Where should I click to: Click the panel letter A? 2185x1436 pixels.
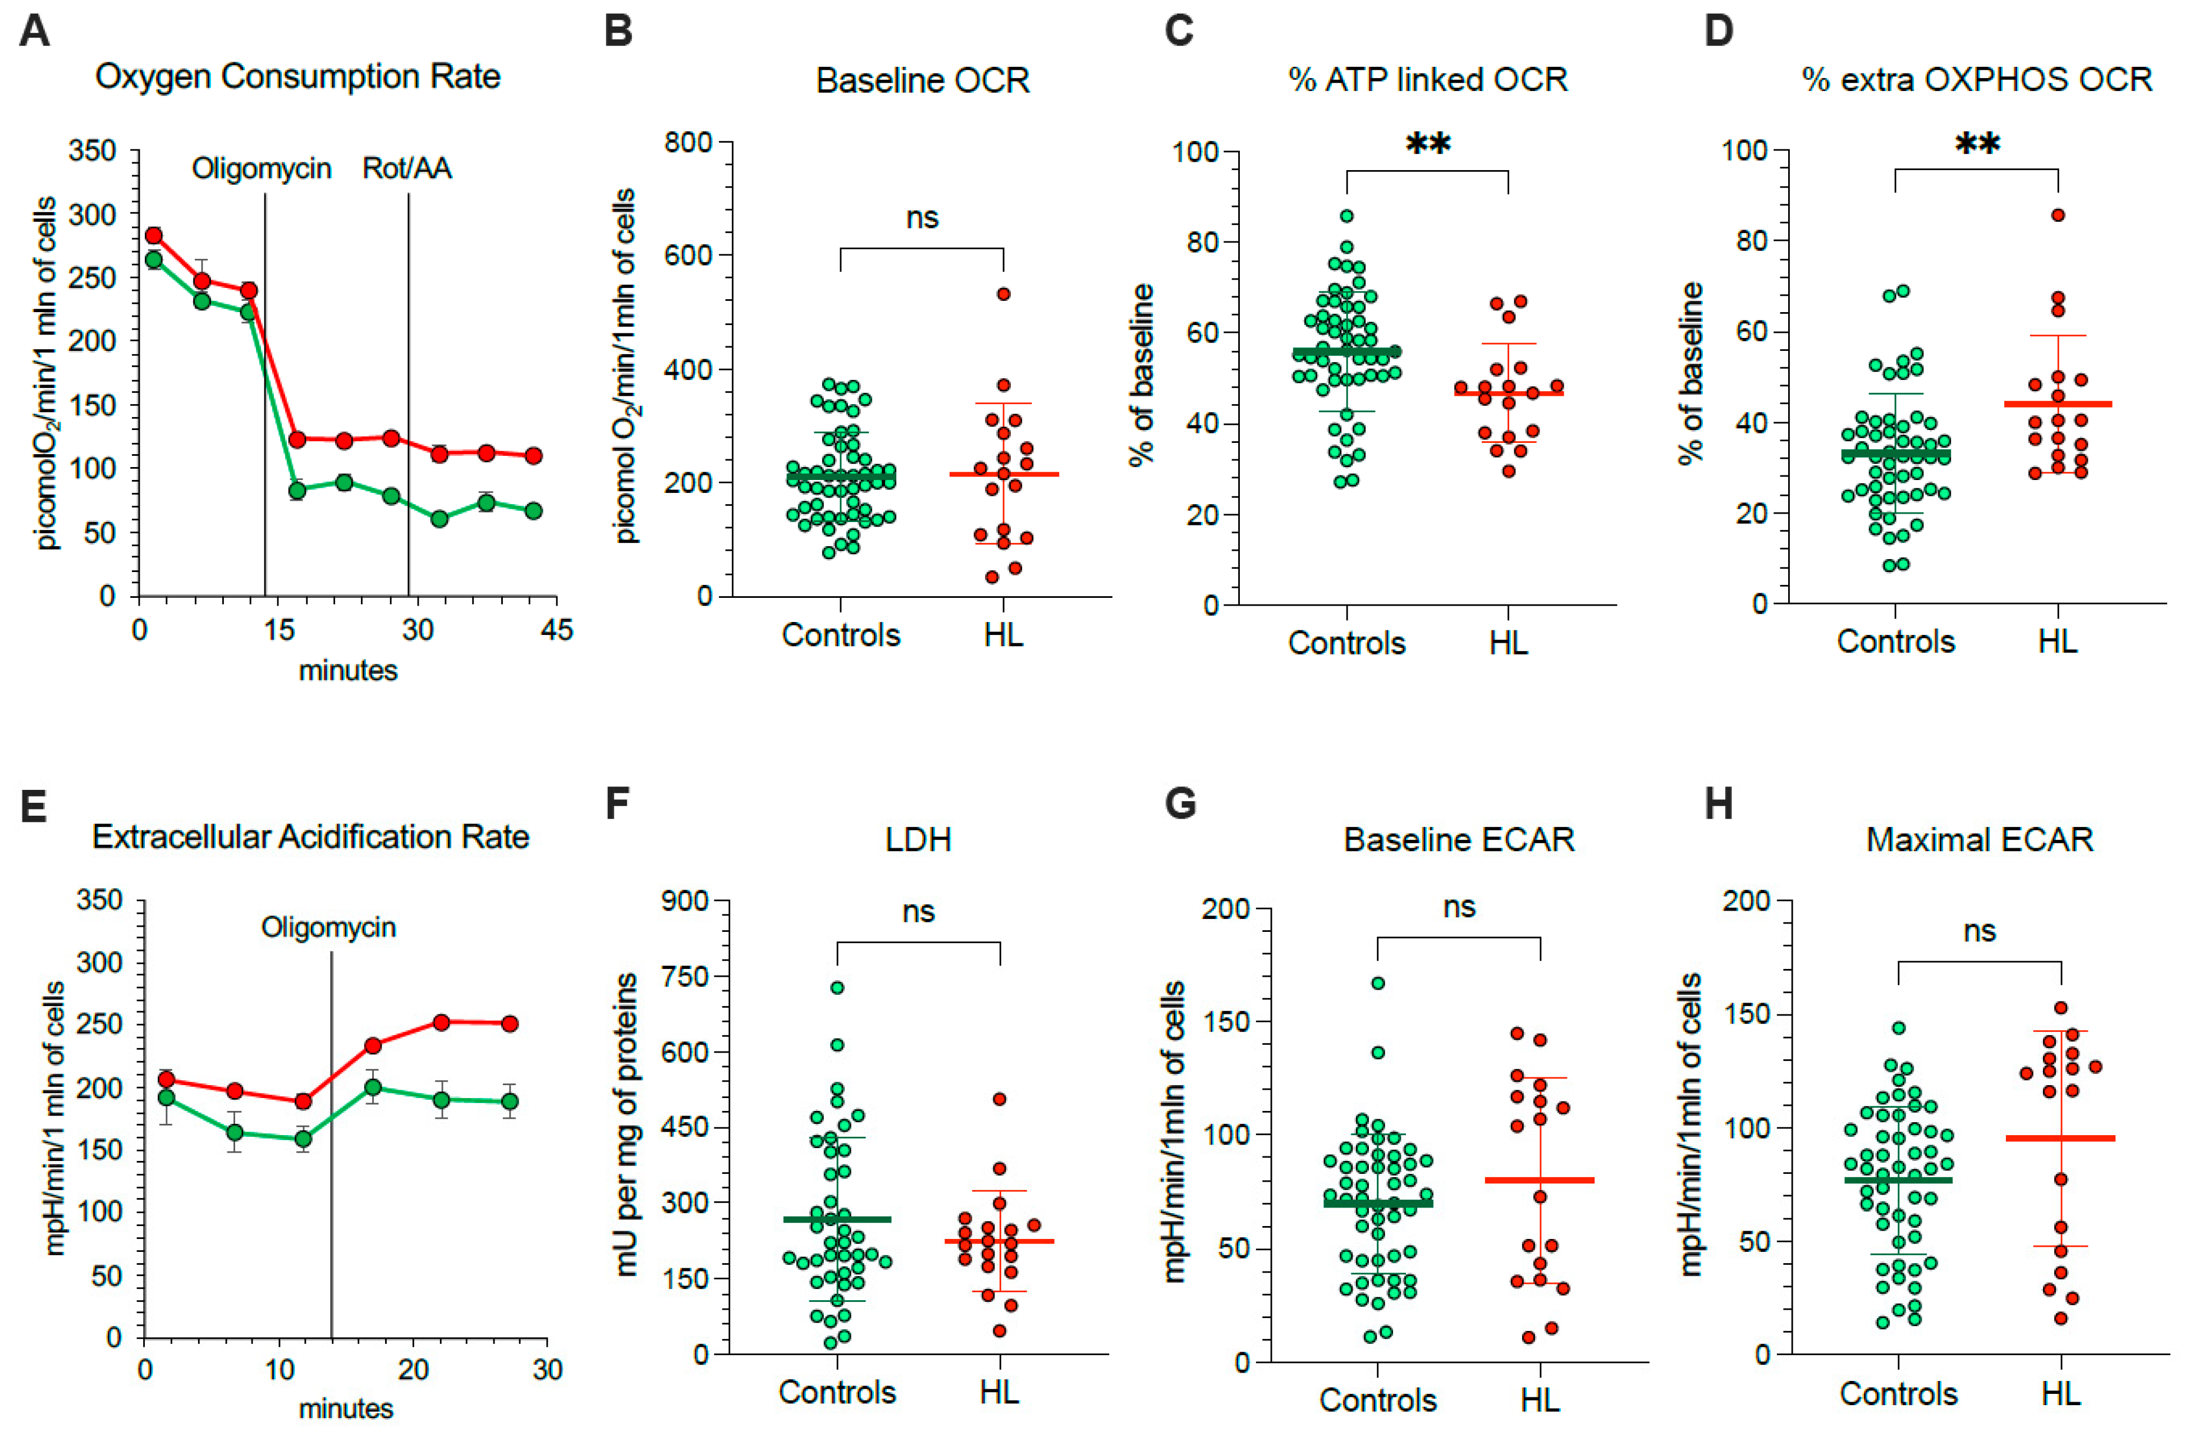tap(34, 30)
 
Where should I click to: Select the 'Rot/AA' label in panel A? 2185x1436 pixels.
tap(407, 169)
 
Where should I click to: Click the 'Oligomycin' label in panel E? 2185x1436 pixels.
tap(329, 927)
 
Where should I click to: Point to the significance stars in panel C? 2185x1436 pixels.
tap(1428, 145)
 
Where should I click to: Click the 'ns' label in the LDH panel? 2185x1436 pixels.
tap(918, 912)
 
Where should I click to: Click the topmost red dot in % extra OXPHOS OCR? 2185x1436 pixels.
tap(2058, 216)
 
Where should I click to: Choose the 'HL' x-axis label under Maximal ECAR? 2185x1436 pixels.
tap(2061, 1394)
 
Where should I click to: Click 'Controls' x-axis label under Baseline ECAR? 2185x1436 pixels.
tap(1377, 1400)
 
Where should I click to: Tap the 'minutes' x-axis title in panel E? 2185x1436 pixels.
tap(346, 1408)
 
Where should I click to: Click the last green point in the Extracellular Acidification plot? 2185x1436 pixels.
tap(510, 1101)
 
